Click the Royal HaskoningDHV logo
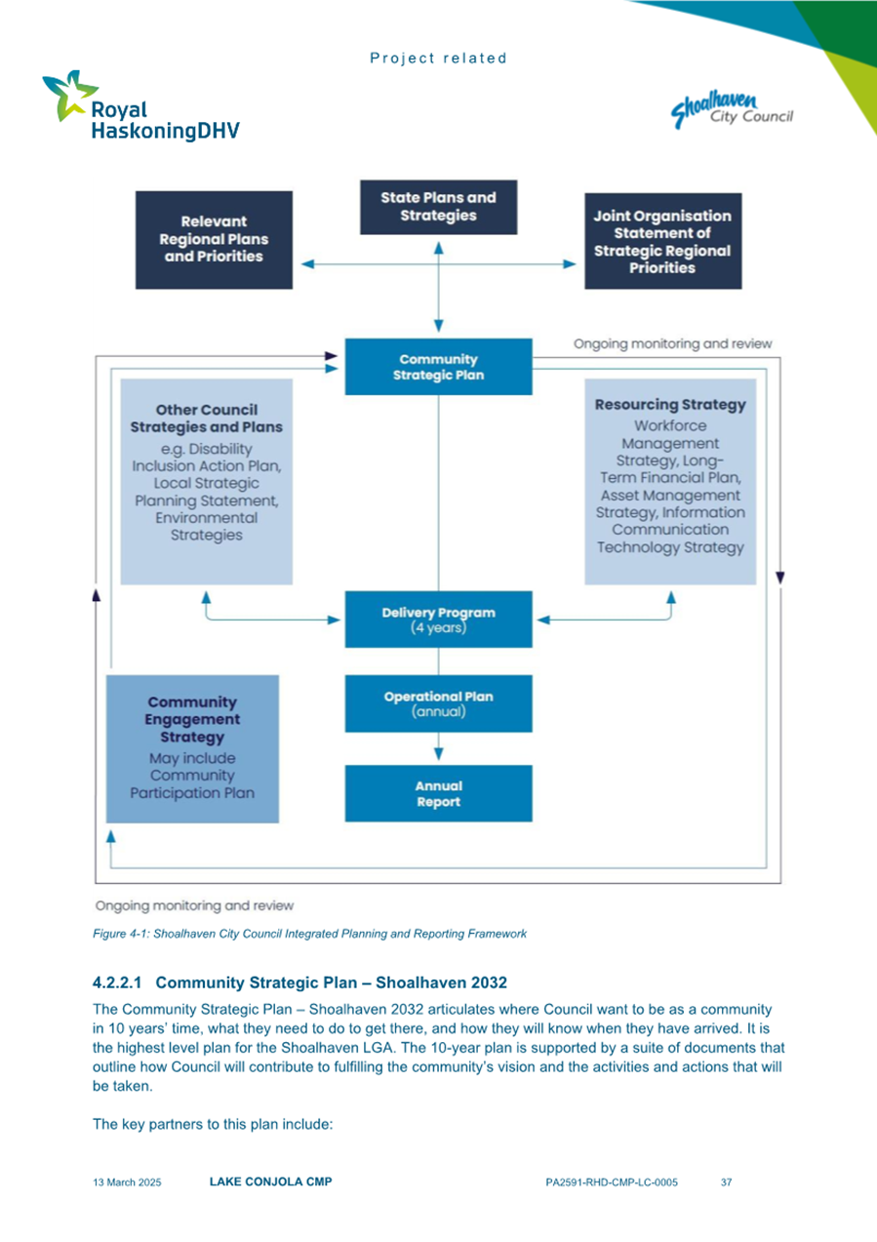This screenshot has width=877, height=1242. point(140,107)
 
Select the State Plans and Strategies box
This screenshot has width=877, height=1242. point(438,207)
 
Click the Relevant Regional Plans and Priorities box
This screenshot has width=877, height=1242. point(214,239)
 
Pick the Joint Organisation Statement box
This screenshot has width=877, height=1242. point(662,241)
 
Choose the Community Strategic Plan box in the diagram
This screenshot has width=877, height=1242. point(439,367)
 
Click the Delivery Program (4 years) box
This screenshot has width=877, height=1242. point(439,620)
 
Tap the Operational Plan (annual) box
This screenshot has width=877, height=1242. point(439,703)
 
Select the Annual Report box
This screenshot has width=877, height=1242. point(439,793)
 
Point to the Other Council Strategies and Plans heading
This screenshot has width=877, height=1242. point(206,419)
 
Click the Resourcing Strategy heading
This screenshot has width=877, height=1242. point(670,404)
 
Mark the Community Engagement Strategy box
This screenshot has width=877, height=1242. point(192,747)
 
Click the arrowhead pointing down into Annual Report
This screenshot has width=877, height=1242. point(439,753)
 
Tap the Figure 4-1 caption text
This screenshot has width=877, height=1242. point(309,934)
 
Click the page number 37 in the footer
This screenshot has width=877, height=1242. point(726,1182)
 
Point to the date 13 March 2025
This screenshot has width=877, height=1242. point(127,1182)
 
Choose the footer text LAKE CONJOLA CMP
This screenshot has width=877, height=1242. point(270,1182)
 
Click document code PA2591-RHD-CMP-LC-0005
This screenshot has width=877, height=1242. point(612,1182)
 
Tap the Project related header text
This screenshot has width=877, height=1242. point(438,59)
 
